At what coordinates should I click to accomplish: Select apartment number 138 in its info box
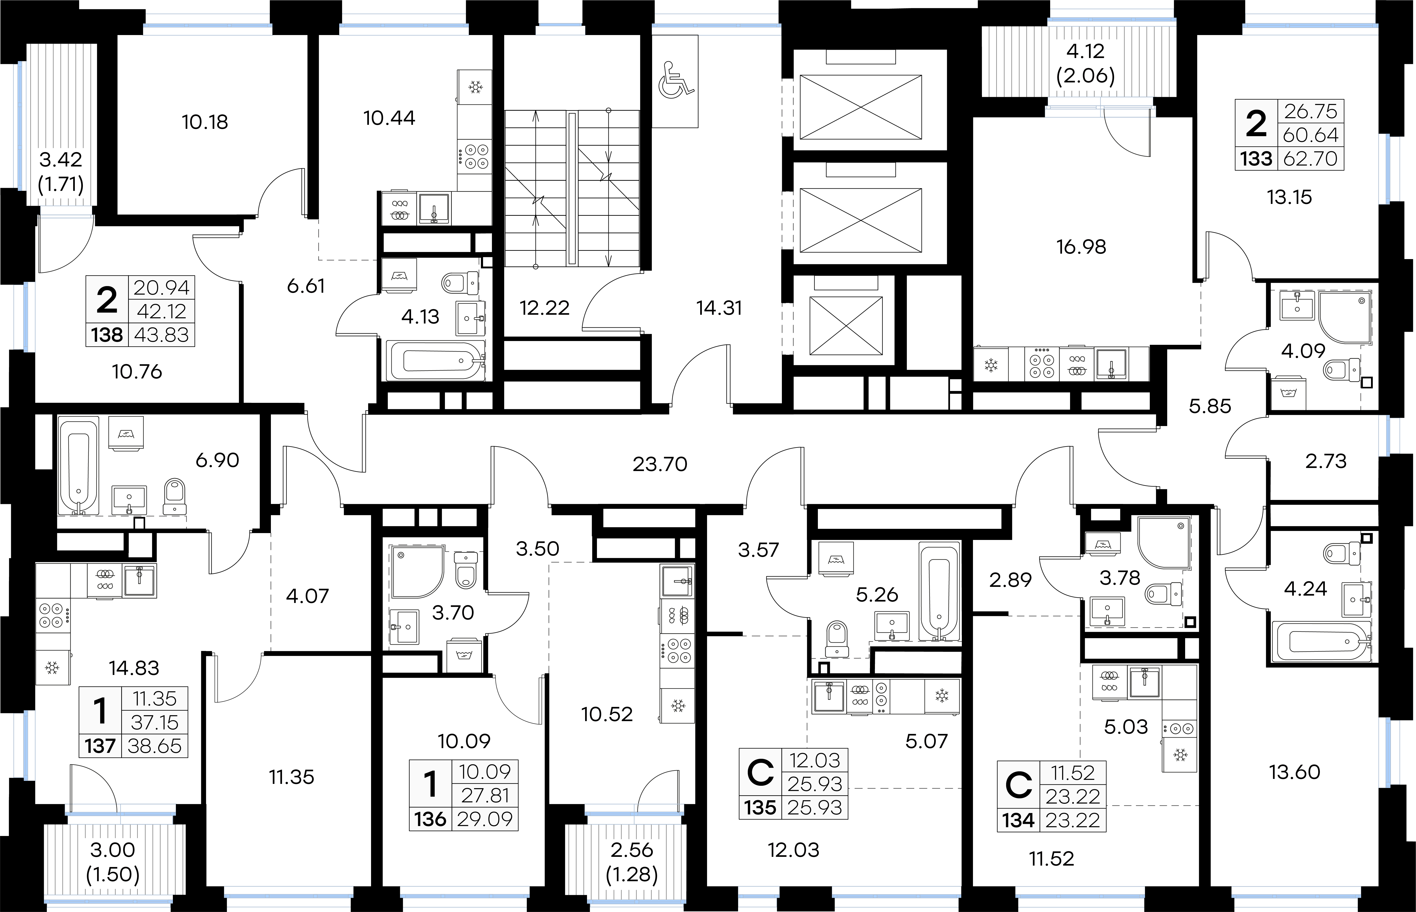point(107,335)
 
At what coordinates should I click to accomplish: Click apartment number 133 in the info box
point(1256,159)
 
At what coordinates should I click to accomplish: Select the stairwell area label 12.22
point(544,308)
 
